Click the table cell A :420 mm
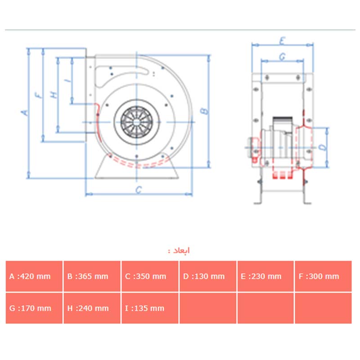tap(34, 276)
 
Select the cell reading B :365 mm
tap(92, 276)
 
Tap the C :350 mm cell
tap(150, 276)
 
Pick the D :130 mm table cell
tap(208, 276)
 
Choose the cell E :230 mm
tap(265, 276)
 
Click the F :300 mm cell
tap(323, 276)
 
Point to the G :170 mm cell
tap(34, 308)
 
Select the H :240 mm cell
tap(92, 308)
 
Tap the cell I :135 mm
tap(150, 308)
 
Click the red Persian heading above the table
tap(179, 250)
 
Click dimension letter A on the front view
tap(25, 112)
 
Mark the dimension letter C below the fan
tap(139, 190)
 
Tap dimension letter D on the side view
tap(323, 147)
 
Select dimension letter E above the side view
tap(283, 41)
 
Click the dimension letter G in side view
tap(283, 57)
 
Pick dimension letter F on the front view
tap(39, 95)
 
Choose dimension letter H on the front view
tap(54, 94)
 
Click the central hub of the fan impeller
tap(137, 122)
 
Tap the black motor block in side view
tap(283, 121)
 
